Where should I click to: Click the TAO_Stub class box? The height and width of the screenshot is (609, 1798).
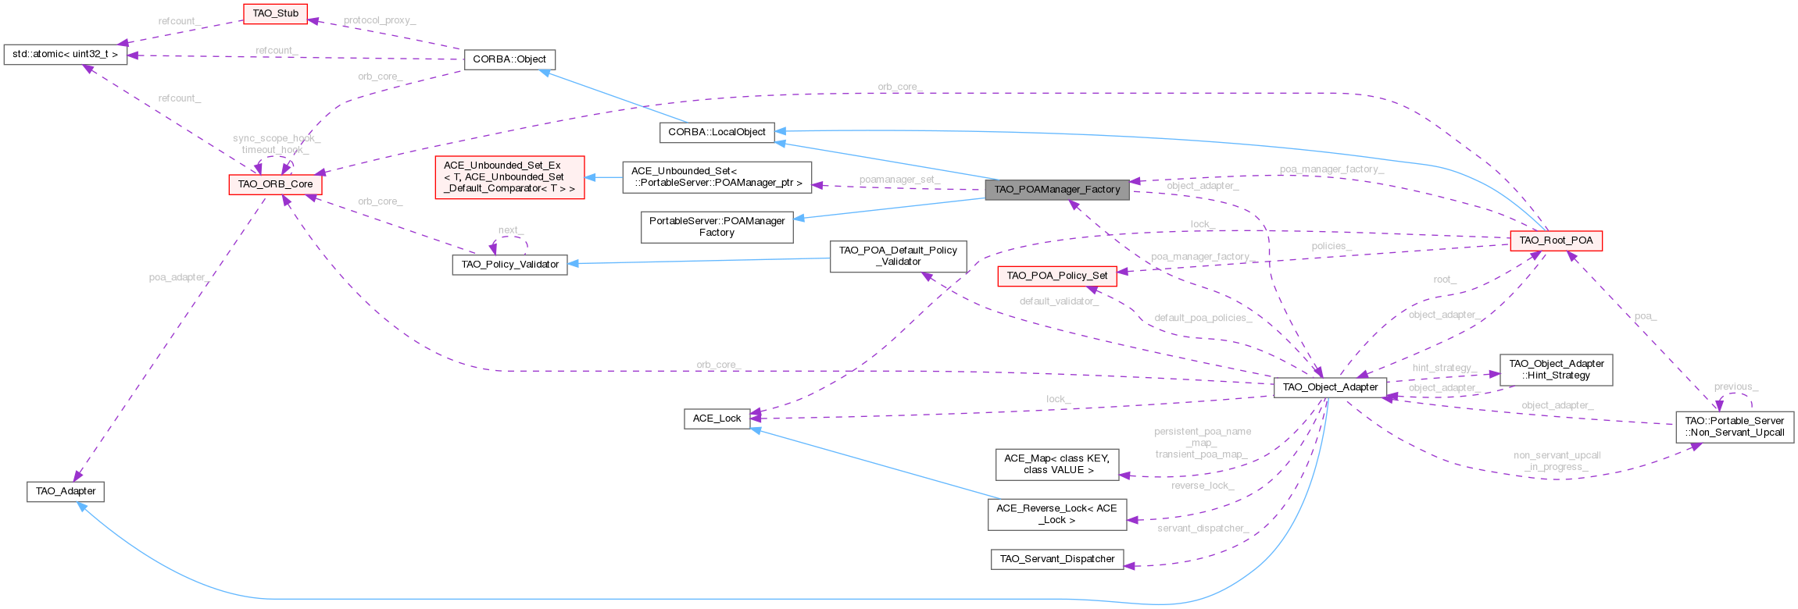[275, 13]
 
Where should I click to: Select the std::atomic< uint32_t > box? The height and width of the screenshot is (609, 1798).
[65, 55]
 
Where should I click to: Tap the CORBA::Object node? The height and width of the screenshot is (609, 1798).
[509, 59]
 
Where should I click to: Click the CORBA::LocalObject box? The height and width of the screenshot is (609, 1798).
[717, 132]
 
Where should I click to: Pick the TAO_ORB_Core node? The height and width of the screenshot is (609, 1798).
[275, 184]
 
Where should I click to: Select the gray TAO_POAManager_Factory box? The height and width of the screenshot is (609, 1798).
[1056, 189]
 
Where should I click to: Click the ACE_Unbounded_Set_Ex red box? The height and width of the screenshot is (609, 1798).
[509, 177]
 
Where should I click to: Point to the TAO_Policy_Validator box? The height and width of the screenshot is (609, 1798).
[509, 265]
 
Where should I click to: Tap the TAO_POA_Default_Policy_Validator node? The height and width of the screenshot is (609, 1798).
[898, 256]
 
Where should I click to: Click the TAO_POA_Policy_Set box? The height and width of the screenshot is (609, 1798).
[1056, 276]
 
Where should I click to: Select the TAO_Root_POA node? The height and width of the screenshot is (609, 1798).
[1556, 240]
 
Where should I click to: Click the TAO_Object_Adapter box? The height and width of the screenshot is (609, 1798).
[1330, 387]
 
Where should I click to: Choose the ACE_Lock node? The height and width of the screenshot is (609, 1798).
[717, 418]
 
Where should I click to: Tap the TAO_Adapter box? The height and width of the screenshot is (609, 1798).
[66, 491]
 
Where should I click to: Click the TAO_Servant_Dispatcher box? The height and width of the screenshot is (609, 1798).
[1056, 559]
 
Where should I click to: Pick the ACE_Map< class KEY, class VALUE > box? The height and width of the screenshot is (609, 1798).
[1056, 465]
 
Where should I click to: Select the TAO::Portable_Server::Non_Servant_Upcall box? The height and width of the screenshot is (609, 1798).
[1734, 426]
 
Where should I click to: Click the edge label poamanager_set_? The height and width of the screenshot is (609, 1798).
[899, 180]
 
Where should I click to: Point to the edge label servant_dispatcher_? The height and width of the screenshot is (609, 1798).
[1202, 529]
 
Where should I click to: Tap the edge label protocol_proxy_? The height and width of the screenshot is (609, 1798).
[379, 20]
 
